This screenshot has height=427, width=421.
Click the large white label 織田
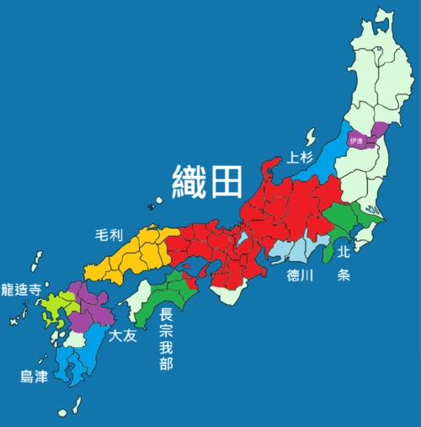pos(207,180)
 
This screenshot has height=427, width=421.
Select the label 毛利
pos(109,237)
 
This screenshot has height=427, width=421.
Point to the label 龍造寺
pos(21,289)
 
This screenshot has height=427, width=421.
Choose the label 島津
pos(33,376)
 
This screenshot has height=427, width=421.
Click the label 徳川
pos(301,275)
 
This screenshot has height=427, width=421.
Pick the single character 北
pos(344,251)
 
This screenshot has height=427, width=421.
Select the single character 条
pos(344,275)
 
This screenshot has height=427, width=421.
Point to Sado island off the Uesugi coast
pos(309,136)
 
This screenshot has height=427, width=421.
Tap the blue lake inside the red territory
pos(243,239)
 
